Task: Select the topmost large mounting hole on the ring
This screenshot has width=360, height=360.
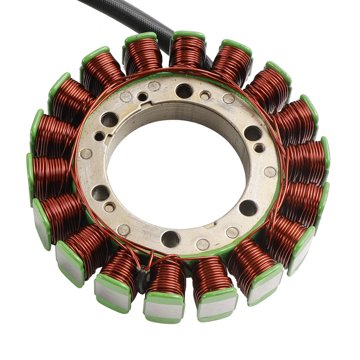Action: pos(184,91)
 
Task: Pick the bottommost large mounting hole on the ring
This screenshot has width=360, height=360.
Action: pos(171,239)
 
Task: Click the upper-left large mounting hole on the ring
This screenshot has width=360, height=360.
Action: pos(109,119)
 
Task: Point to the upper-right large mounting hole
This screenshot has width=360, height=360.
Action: pos(252,133)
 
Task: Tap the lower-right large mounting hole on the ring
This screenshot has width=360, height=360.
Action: pos(248,207)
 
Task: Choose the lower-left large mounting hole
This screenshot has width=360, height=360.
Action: pos(100,193)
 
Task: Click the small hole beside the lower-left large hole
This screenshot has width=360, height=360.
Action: pos(109,207)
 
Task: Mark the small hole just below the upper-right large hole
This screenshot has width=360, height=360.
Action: pos(259,148)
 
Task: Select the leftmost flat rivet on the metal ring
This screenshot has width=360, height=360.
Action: pos(85,154)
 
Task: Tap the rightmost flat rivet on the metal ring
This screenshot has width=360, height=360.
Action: pos(270,172)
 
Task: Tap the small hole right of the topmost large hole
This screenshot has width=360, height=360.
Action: pos(205,95)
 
